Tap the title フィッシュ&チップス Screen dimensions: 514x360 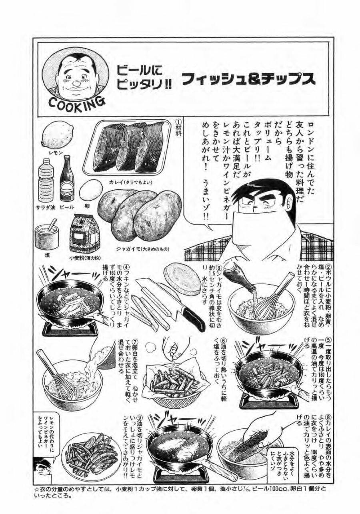coord(248,79)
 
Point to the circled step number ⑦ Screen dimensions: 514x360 coord(135,341)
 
